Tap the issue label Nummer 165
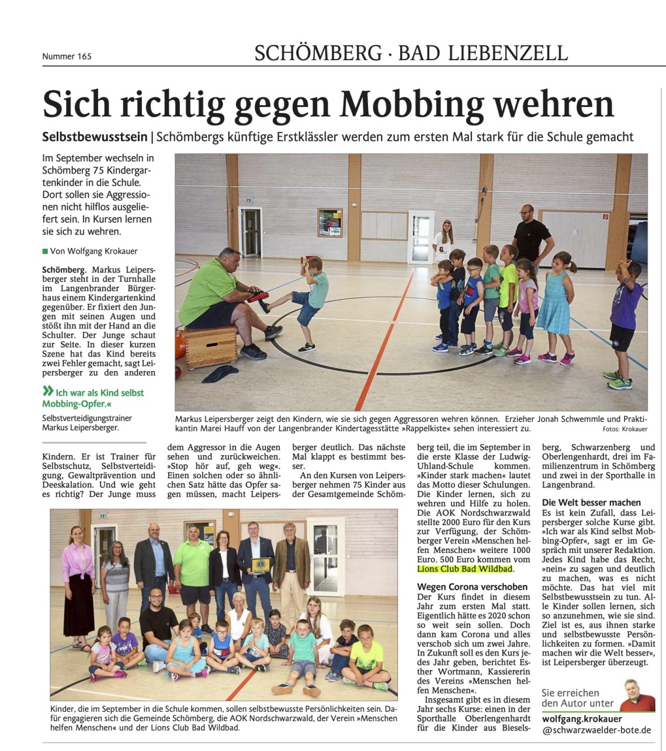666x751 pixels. coord(67,56)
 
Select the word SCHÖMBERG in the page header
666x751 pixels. coord(318,53)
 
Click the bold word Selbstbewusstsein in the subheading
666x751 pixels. coord(95,137)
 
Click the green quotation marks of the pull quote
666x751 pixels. coord(48,392)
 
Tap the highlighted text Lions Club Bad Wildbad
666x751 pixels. coord(464,569)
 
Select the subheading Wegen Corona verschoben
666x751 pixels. coord(472,587)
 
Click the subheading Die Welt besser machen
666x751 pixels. coord(591,503)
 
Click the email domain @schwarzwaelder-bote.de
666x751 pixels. coord(596,730)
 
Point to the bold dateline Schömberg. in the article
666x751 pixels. coord(64,270)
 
